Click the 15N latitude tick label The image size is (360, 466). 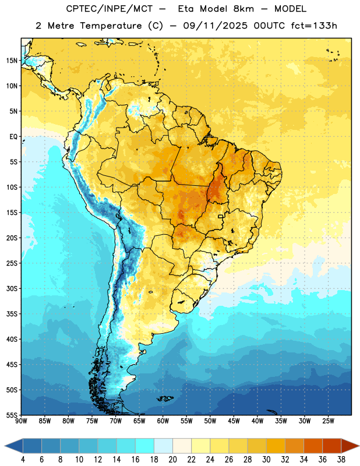click(x=12, y=61)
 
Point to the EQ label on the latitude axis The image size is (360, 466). click(x=13, y=137)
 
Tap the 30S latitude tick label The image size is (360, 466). click(x=12, y=288)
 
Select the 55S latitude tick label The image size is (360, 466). click(x=12, y=415)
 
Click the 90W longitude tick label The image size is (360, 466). click(x=21, y=421)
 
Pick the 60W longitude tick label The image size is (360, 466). click(x=163, y=421)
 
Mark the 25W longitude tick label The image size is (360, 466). click(x=329, y=421)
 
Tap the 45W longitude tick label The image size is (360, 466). click(x=234, y=421)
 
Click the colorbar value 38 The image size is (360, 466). click(x=341, y=460)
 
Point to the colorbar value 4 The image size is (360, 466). click(x=23, y=460)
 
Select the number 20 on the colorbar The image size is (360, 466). click(x=172, y=460)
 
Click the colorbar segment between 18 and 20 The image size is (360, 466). click(x=163, y=446)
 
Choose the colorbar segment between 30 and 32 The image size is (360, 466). click(x=276, y=446)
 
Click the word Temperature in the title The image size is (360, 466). click(x=111, y=26)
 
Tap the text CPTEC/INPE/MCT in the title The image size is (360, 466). click(x=109, y=9)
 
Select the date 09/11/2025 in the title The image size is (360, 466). click(x=215, y=26)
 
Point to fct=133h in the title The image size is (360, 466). click(x=314, y=26)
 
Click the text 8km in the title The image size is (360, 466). click(x=243, y=9)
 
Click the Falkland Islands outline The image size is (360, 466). click(x=165, y=398)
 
